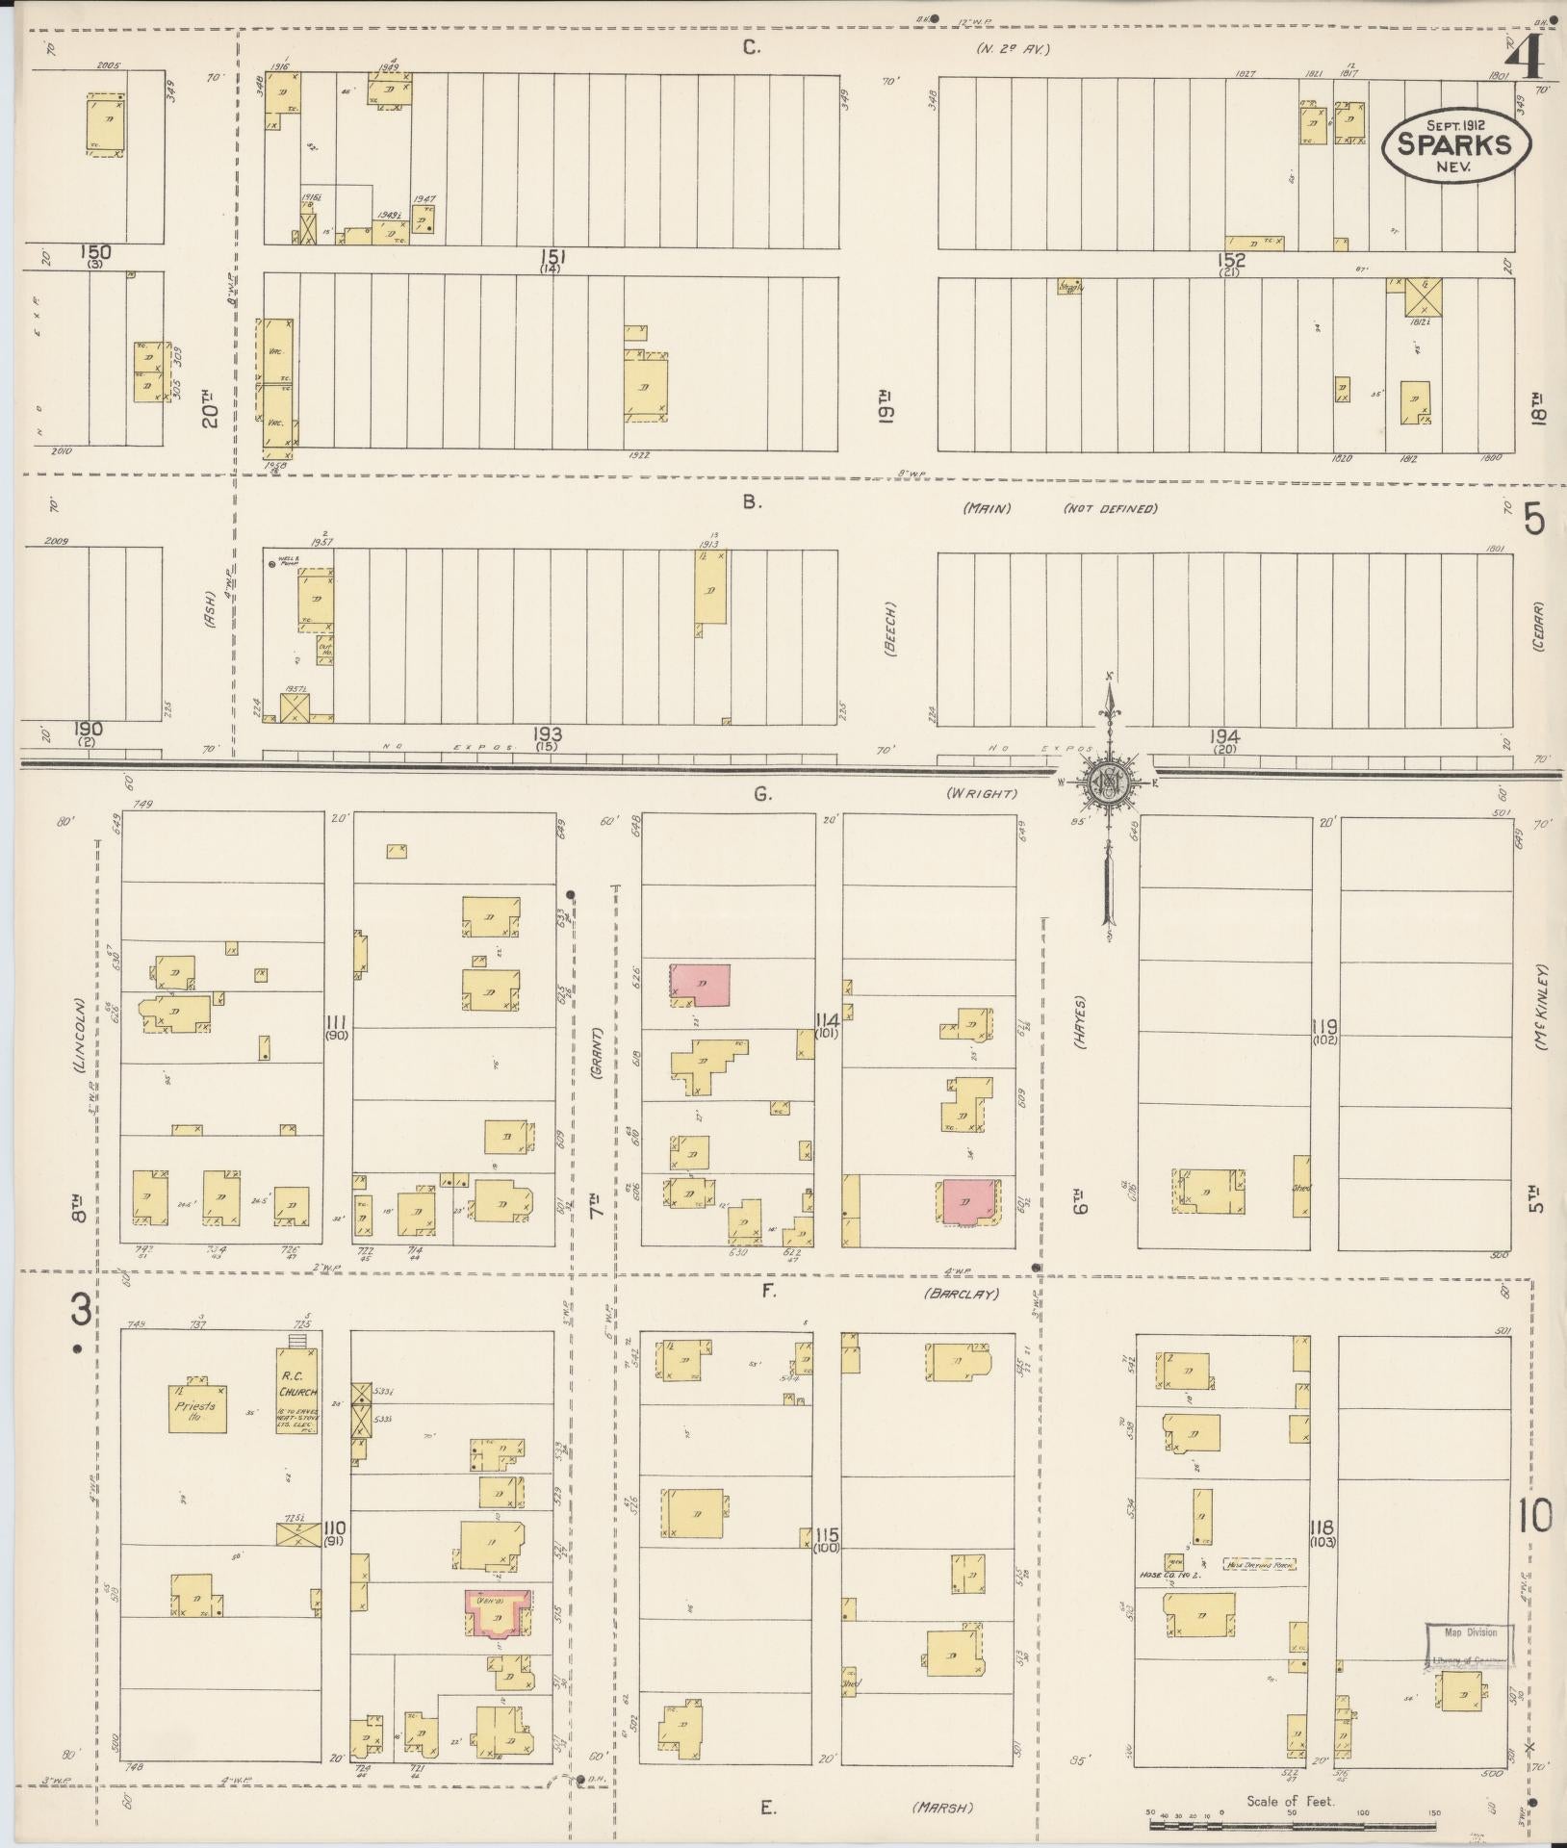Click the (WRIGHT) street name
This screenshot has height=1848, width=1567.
(x=981, y=794)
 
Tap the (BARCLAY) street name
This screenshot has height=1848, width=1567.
(x=963, y=1294)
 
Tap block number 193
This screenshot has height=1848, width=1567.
(x=550, y=734)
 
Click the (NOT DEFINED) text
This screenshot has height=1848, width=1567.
(x=1110, y=509)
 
